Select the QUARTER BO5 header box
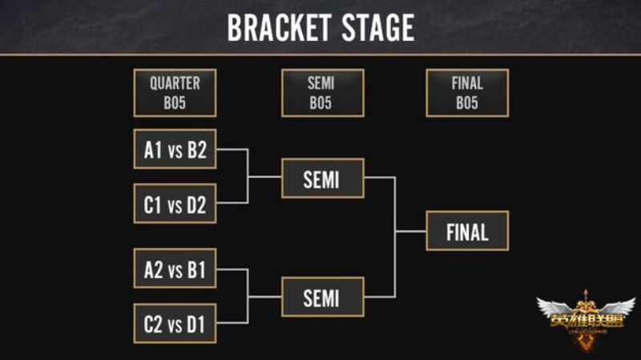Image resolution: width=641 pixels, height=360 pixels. (x=175, y=93)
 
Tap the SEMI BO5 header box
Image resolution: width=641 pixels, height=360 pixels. (x=322, y=93)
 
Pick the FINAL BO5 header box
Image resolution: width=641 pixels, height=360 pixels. (x=467, y=93)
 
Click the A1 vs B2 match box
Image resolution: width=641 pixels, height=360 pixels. (x=175, y=151)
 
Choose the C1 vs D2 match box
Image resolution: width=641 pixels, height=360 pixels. (x=175, y=205)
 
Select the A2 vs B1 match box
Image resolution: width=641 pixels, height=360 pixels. (x=175, y=270)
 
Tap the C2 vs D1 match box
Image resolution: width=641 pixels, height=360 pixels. (x=175, y=325)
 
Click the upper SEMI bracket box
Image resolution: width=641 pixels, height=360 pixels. (x=322, y=178)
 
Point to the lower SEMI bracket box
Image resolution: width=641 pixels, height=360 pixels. (x=322, y=297)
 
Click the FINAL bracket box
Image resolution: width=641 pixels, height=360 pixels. (x=467, y=232)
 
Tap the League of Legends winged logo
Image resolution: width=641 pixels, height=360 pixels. (x=586, y=317)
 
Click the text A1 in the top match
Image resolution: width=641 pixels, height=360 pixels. (x=153, y=151)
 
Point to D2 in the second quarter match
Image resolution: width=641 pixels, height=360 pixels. (x=196, y=205)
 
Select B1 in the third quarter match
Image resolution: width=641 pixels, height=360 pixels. (x=196, y=270)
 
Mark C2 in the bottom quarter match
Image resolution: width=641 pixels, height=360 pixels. (x=153, y=325)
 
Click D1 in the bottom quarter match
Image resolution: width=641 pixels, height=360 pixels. (x=196, y=325)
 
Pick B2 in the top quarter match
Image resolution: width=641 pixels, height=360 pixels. (x=196, y=151)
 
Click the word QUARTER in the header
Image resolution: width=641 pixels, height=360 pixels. (x=175, y=83)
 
